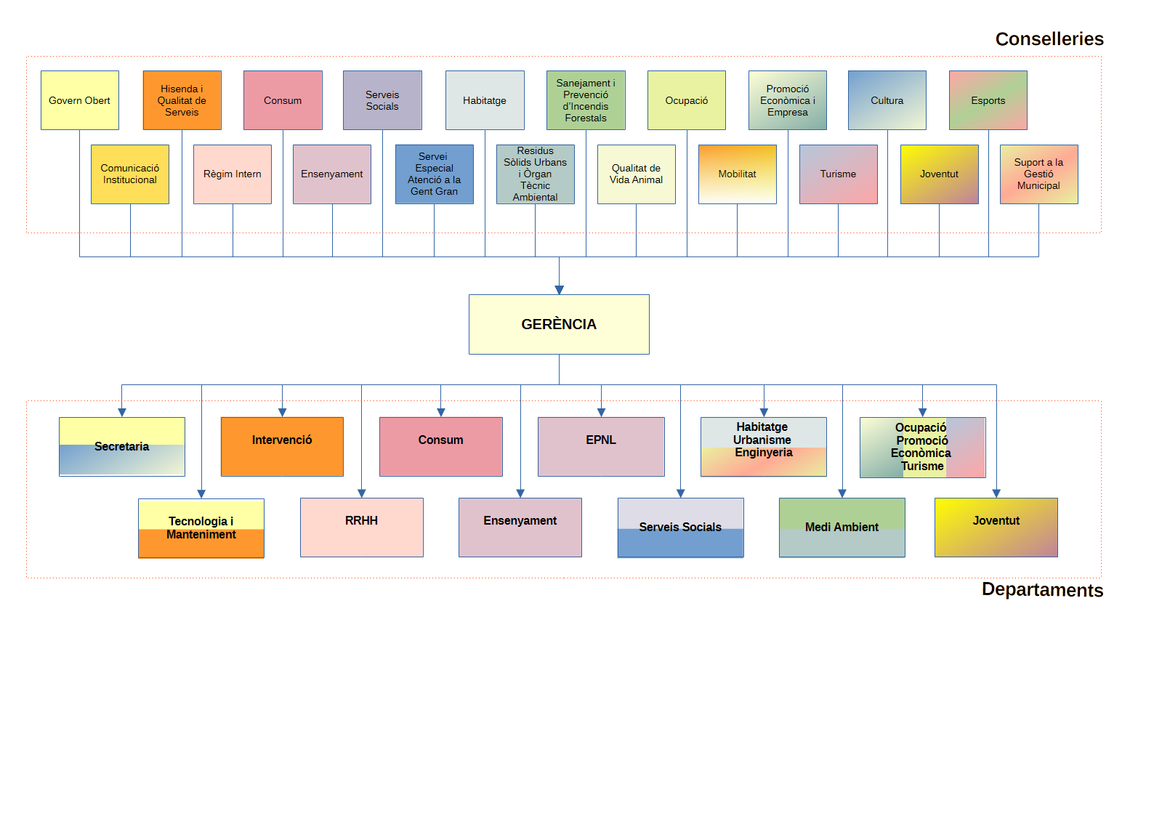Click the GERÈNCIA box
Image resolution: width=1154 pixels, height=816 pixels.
point(559,324)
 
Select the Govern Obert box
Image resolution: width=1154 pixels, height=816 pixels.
point(80,100)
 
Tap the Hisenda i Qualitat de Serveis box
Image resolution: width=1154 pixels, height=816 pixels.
point(182,100)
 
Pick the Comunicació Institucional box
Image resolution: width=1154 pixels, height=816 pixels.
point(130,174)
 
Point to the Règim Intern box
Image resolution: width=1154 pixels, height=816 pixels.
point(233,174)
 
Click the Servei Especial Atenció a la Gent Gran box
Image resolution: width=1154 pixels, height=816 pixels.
point(434,174)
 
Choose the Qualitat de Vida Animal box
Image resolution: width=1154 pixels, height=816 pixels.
point(636,174)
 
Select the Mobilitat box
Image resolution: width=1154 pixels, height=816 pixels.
point(737,174)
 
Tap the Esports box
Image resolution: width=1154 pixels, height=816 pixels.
point(988,100)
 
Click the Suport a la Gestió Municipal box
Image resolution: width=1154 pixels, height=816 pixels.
point(1038,174)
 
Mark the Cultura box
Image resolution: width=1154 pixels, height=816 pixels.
point(887,100)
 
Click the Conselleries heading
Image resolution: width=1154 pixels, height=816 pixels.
point(1049,39)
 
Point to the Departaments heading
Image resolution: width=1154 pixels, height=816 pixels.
point(1042,589)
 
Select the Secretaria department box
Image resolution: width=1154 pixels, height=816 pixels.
point(122,446)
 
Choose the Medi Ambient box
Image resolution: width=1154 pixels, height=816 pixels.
point(842,527)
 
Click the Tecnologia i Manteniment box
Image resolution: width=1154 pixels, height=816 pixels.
point(201,528)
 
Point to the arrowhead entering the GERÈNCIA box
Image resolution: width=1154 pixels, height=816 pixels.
point(559,290)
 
